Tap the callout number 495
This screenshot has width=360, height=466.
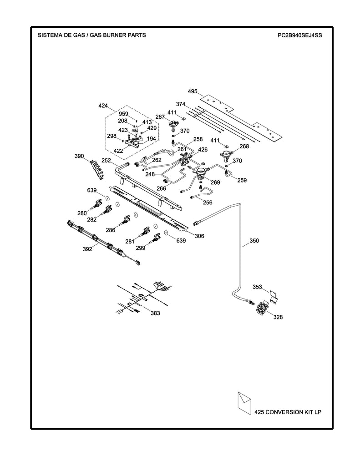(x=192, y=91)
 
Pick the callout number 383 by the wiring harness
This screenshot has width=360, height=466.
(x=155, y=313)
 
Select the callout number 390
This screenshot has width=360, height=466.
(x=79, y=156)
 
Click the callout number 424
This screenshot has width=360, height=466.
(x=103, y=106)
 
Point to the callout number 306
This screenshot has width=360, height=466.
(x=199, y=236)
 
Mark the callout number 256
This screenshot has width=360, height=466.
(x=208, y=203)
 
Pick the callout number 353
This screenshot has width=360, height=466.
(x=258, y=287)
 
